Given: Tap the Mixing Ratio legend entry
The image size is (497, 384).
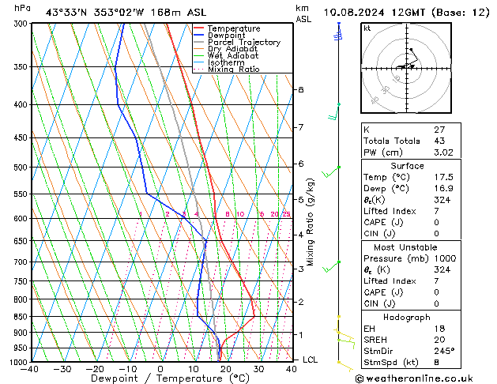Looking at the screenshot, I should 233,70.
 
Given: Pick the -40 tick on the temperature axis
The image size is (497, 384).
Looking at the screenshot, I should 30,369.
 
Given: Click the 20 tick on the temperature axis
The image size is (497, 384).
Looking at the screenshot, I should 226,369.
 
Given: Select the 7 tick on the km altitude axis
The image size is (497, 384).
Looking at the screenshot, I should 300,127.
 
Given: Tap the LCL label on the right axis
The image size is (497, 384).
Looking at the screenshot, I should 311,360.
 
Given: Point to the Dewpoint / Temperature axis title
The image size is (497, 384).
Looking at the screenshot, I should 160,378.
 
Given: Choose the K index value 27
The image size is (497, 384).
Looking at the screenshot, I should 439,128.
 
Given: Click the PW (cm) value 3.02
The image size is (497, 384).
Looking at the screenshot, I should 442,153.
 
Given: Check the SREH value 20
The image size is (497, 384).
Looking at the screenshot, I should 439,338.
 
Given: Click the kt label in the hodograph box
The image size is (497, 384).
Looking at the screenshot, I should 367,28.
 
